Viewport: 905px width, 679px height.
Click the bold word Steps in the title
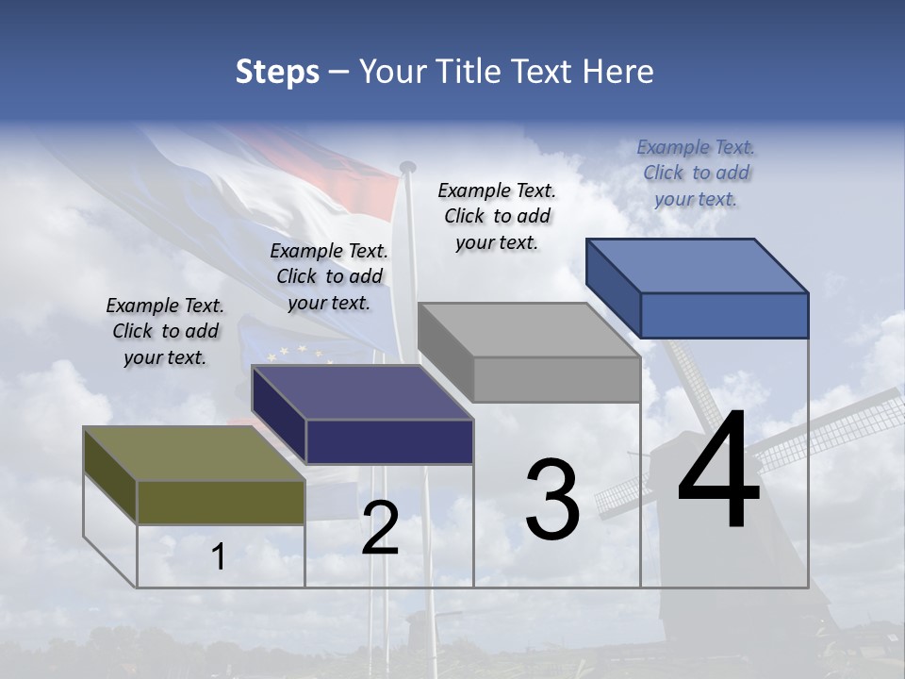pos(277,72)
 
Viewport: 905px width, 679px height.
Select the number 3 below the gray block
pos(552,500)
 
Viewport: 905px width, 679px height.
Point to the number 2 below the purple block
pos(380,528)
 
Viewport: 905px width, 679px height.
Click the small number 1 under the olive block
pos(219,557)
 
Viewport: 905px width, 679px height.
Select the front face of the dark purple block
pos(389,441)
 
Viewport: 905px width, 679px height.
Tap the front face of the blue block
pos(724,315)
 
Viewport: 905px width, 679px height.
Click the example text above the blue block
pos(696,173)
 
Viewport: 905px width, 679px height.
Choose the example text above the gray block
pos(497,216)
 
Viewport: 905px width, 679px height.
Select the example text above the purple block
pos(329,276)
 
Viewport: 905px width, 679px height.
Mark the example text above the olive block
pos(165,331)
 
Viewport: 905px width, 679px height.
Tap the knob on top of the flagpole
pos(408,167)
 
